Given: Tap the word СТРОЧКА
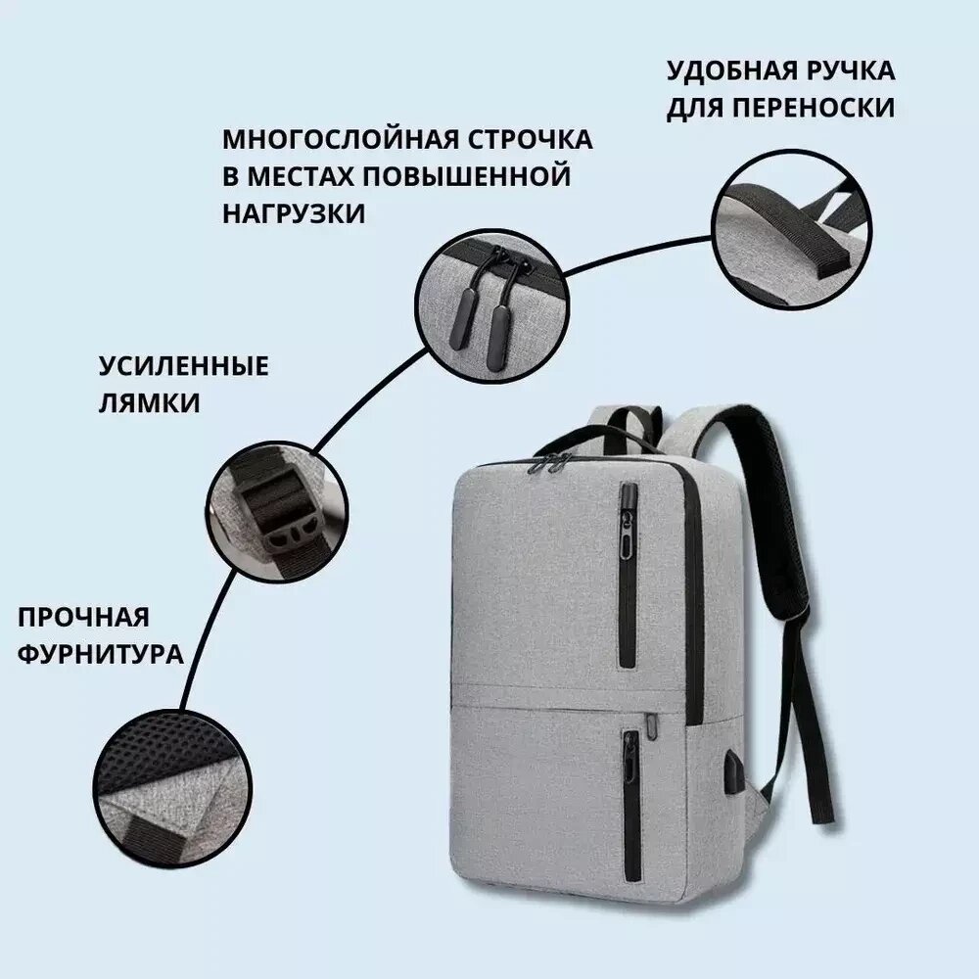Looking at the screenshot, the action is click(x=531, y=139).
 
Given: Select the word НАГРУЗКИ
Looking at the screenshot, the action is click(x=294, y=214).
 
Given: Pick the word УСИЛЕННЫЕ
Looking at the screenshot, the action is click(x=184, y=366).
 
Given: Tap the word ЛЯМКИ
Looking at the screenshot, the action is click(x=149, y=403).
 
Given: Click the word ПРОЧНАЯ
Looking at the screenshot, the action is click(x=83, y=618).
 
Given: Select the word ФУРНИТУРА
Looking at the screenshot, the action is click(x=101, y=655).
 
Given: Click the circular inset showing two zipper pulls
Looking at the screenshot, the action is click(x=492, y=305).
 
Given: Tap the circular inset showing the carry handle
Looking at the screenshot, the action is click(x=791, y=229).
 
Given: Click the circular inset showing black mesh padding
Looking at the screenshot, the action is click(x=173, y=788).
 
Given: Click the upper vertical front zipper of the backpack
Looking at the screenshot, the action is click(x=629, y=575).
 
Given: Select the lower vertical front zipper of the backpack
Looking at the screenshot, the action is click(x=631, y=805).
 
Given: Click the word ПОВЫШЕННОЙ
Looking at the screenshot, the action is click(x=467, y=176).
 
